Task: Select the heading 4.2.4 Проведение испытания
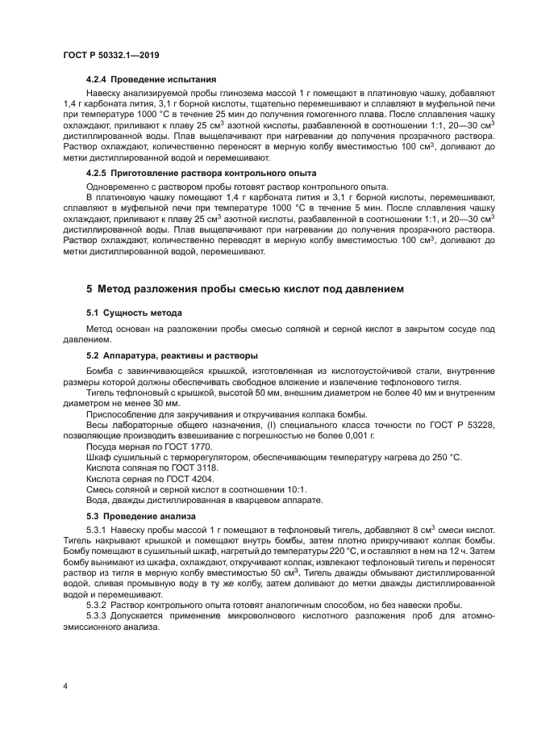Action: click(x=152, y=80)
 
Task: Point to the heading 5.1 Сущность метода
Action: click(x=134, y=312)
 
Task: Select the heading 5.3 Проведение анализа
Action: click(x=140, y=516)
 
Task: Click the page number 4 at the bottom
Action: click(x=65, y=686)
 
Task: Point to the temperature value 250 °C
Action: click(x=444, y=457)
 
